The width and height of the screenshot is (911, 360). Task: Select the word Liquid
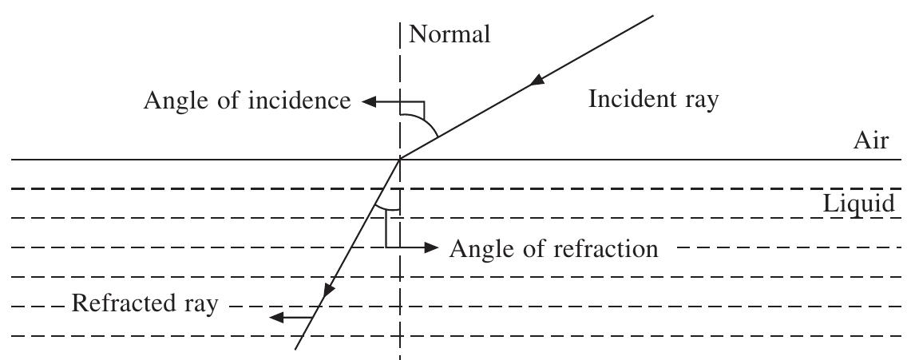click(859, 204)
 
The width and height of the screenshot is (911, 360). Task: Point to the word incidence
click(299, 101)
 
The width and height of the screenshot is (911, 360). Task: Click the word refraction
click(606, 248)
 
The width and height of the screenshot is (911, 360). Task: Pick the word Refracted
click(123, 303)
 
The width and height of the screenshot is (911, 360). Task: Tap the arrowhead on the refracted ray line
click(328, 288)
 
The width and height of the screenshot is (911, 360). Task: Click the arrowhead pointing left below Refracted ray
click(277, 317)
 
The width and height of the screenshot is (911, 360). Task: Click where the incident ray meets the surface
click(400, 159)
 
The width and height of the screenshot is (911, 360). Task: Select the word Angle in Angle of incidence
click(174, 102)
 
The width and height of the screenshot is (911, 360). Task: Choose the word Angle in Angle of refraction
click(481, 250)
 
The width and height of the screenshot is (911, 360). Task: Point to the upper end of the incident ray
click(654, 15)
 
